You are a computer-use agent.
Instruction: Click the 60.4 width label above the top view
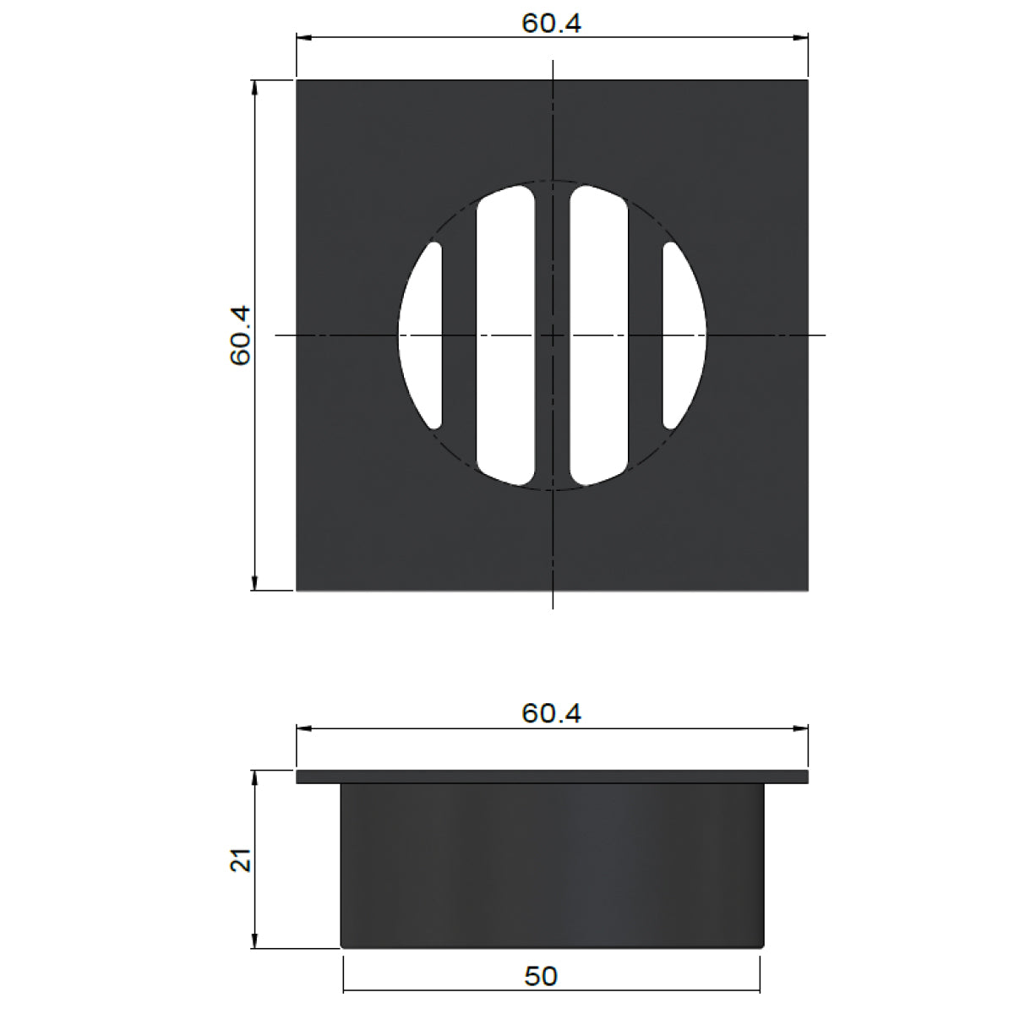551,23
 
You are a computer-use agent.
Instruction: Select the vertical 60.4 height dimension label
241,335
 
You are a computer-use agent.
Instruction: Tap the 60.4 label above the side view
551,713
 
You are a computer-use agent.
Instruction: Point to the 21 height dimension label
241,860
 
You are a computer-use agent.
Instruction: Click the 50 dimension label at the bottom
541,977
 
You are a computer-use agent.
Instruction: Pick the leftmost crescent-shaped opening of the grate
422,335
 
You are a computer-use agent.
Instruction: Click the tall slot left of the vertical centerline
505,335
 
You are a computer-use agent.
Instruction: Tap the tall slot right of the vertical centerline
598,335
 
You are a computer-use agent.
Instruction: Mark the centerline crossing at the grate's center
553,335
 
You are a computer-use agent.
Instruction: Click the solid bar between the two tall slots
553,253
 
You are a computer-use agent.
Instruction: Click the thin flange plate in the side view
553,777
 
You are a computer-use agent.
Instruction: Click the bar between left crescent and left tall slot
459,335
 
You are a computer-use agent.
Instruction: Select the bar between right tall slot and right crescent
645,335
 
